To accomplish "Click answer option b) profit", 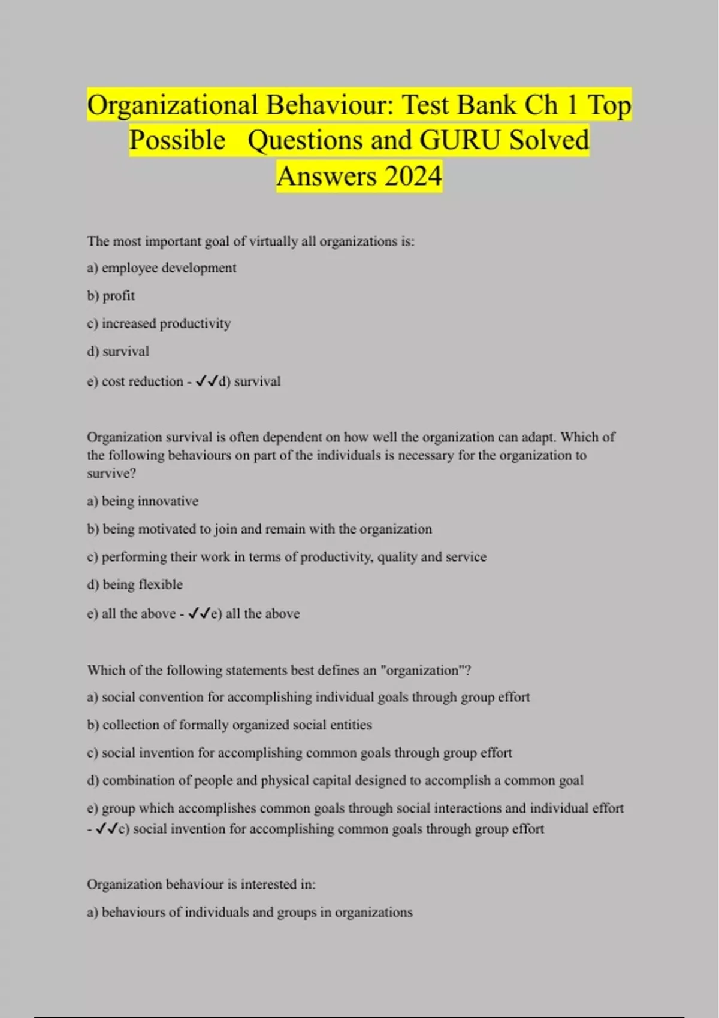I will [x=111, y=296].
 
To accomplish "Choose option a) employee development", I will [x=162, y=268].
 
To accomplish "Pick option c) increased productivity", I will [x=159, y=323].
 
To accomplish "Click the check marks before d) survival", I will [x=207, y=381].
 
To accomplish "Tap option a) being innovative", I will [x=143, y=501].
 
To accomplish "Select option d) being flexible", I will [x=135, y=584].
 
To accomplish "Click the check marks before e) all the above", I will [x=199, y=613].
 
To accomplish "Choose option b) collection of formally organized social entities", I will [x=229, y=725].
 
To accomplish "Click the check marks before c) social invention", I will [x=107, y=829].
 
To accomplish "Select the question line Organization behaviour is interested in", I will [x=201, y=884].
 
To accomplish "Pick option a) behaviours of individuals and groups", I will [x=250, y=913].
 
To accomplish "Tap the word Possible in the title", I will [x=177, y=141].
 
